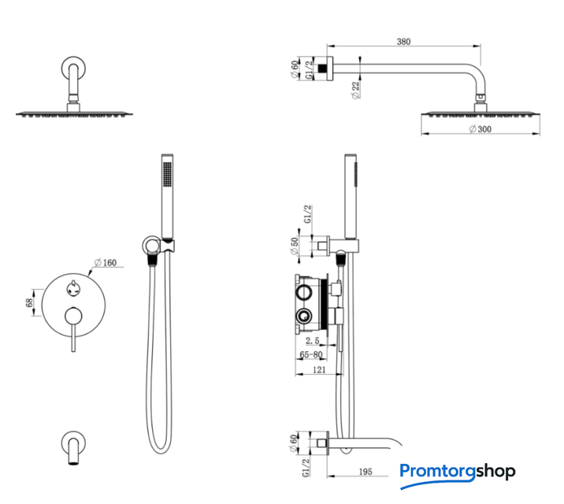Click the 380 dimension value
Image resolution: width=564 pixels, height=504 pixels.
pyautogui.click(x=403, y=42)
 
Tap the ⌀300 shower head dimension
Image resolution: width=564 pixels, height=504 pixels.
pyautogui.click(x=481, y=129)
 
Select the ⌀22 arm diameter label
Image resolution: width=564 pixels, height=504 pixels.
pyautogui.click(x=355, y=90)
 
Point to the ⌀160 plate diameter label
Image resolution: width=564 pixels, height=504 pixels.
pyautogui.click(x=106, y=263)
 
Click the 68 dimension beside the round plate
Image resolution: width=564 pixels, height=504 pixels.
pyautogui.click(x=29, y=302)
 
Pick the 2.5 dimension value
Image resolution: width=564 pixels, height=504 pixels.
pyautogui.click(x=312, y=340)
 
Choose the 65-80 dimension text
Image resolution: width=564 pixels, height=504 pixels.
pyautogui.click(x=311, y=354)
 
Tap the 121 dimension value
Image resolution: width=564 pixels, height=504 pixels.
pyautogui.click(x=319, y=369)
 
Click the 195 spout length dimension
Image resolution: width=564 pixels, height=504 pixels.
pyautogui.click(x=365, y=472)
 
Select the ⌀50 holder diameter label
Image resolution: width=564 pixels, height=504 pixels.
pyautogui.click(x=295, y=246)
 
